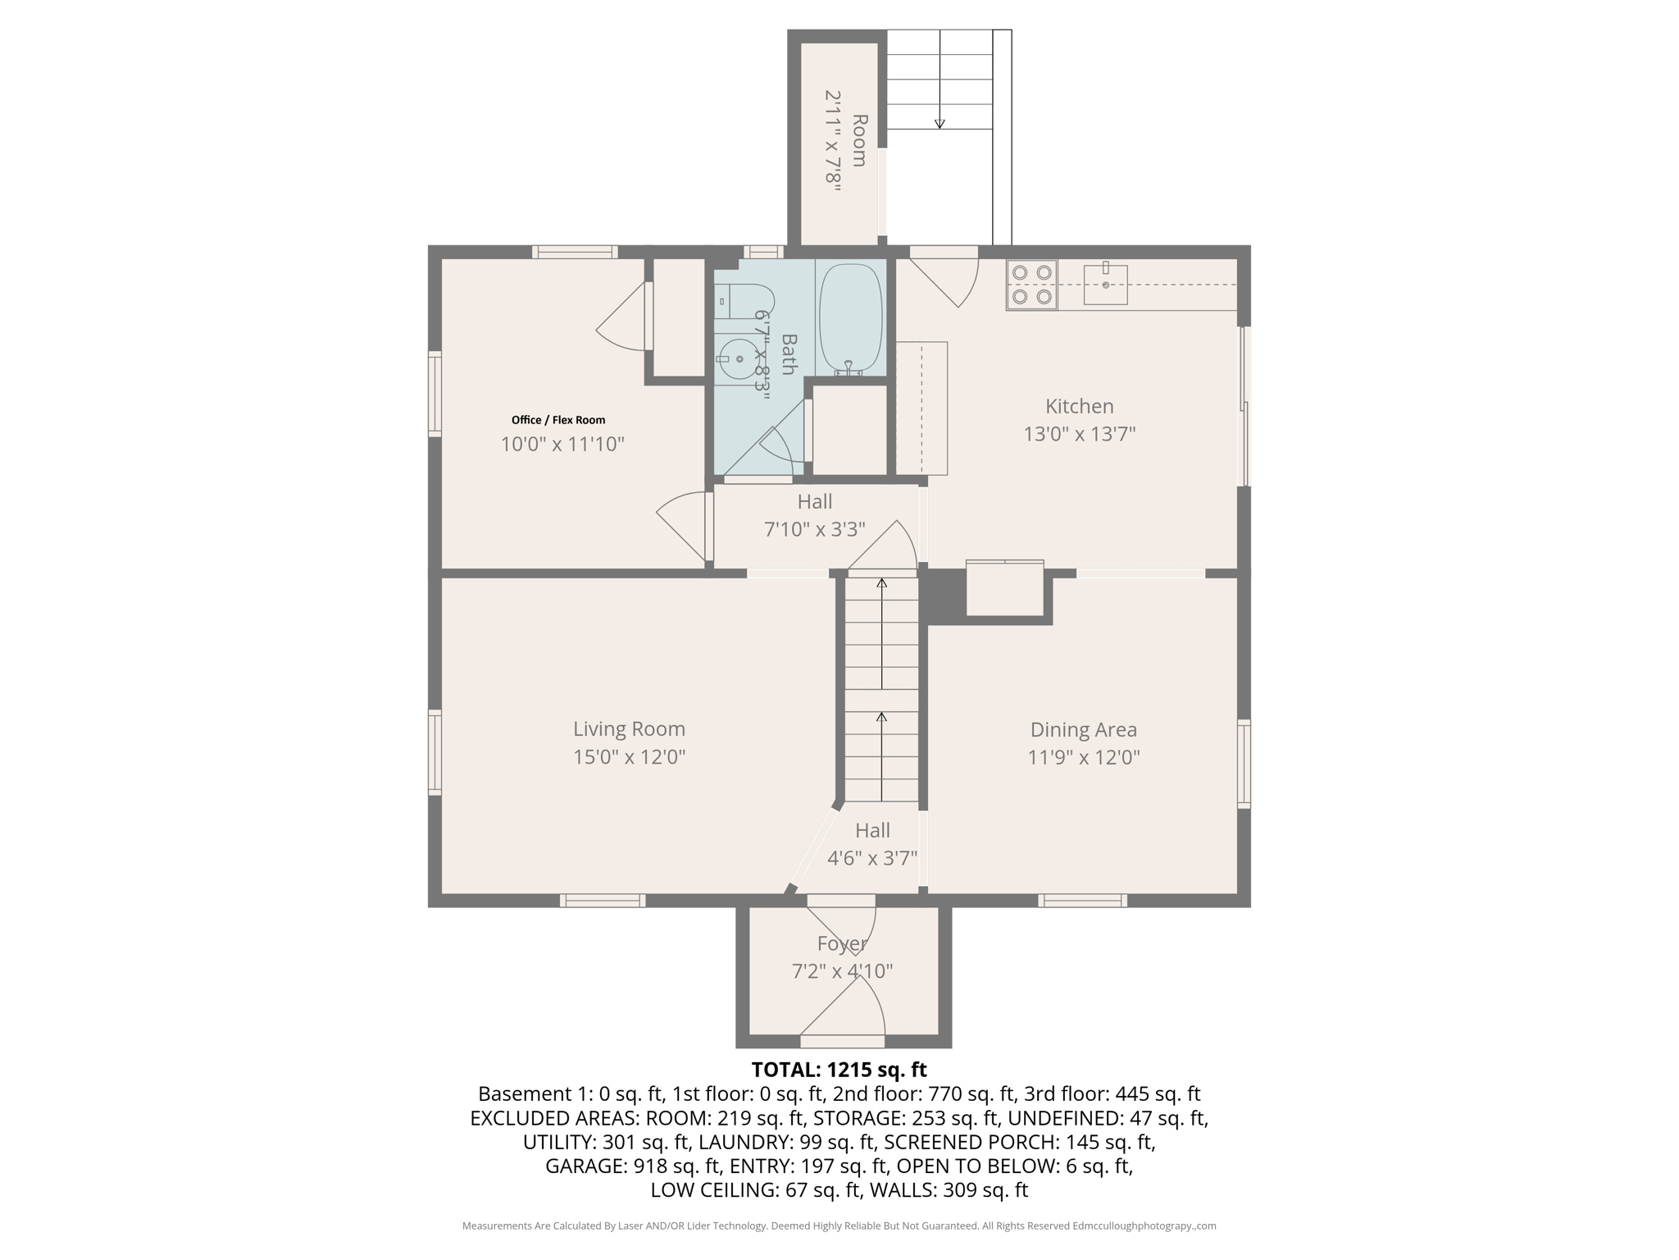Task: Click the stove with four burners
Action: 1031,285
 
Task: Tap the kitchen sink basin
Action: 1105,285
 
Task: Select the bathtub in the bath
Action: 850,318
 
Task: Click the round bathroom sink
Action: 738,359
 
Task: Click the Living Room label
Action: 629,728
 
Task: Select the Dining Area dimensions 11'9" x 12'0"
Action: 1084,756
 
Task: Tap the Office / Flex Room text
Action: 558,420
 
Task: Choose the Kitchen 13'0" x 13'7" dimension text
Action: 1079,433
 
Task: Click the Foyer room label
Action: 841,943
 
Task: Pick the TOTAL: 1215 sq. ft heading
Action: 839,1070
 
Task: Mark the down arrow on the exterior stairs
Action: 940,123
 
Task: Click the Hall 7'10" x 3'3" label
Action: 815,515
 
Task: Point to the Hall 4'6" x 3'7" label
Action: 871,844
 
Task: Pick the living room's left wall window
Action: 435,752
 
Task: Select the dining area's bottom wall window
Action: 1082,900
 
